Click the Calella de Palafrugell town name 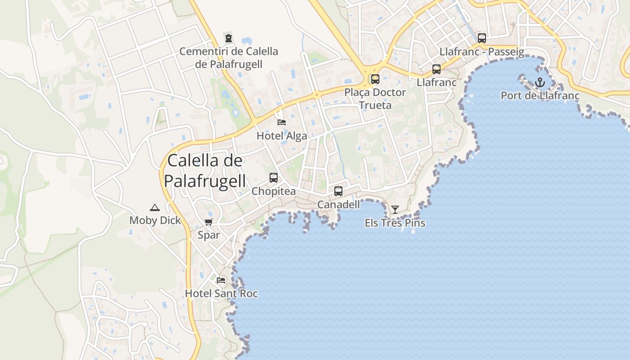click(205, 171)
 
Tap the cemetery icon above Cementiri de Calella click(229, 38)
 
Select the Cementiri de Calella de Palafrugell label click(229, 58)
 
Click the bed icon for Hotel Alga click(282, 122)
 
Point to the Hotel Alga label click(282, 136)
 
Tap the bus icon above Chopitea click(274, 178)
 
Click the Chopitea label click(274, 191)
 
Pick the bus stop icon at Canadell click(338, 191)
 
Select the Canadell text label click(338, 205)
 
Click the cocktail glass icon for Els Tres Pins click(395, 210)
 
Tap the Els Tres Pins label click(395, 223)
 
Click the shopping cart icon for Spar click(209, 222)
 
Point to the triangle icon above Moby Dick click(155, 207)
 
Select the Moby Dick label click(155, 220)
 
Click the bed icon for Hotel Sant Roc click(221, 280)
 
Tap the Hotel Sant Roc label click(221, 294)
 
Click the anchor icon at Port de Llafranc click(540, 82)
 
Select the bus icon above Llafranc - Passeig click(482, 38)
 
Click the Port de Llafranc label click(540, 96)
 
